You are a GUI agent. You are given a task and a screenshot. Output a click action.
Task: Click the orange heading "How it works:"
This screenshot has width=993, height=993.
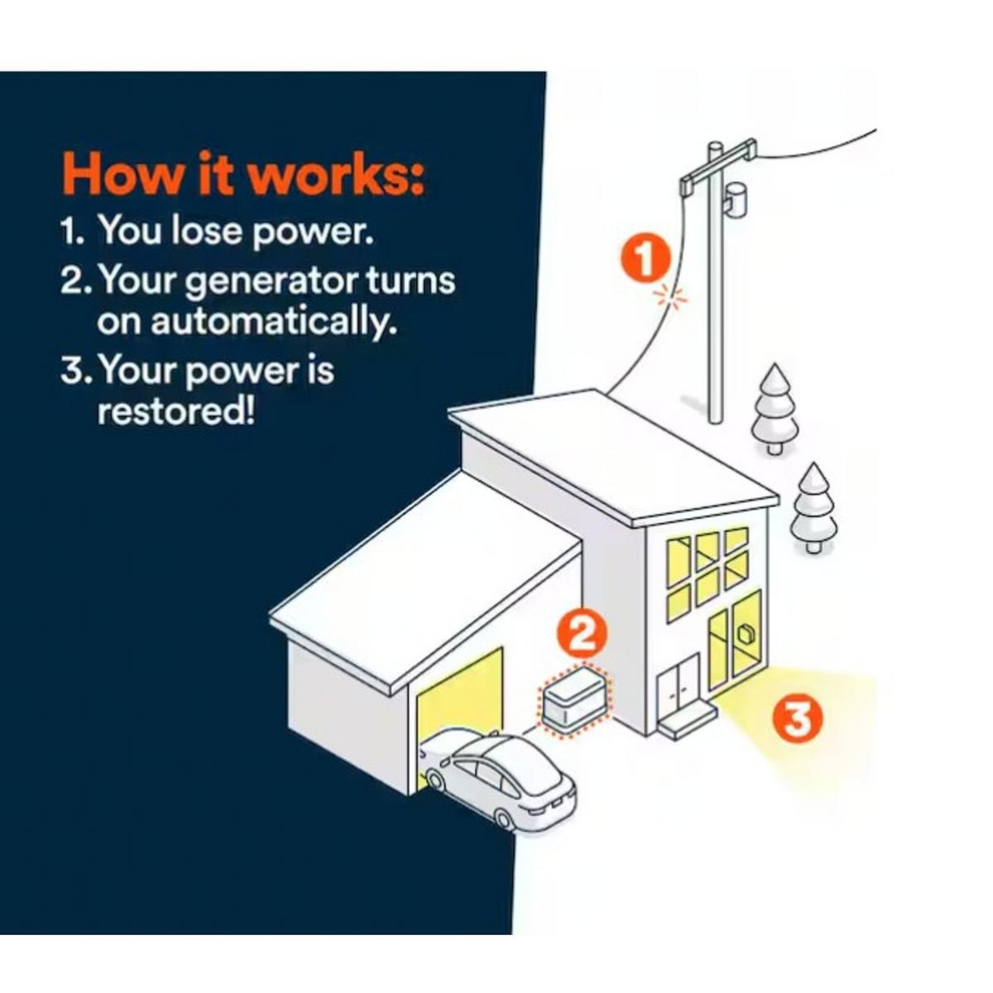point(244,173)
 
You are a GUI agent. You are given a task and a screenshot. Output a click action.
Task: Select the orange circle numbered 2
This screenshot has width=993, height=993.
point(581,635)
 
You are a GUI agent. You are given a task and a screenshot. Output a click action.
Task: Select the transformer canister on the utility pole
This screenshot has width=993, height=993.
point(735,199)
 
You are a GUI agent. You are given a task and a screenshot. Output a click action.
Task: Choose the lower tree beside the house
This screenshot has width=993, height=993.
point(814,506)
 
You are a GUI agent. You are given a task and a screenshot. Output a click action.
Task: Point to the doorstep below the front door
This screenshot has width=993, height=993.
point(687,721)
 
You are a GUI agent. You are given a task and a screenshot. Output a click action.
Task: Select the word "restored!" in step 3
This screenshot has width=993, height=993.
point(175,410)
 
